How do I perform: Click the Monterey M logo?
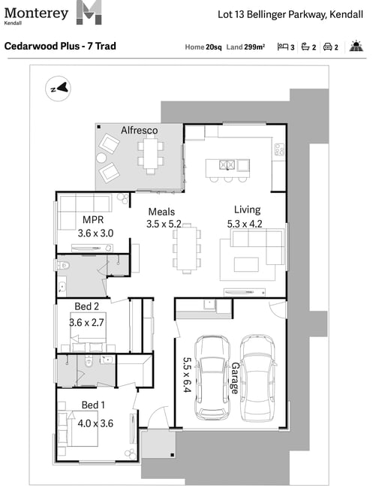click(x=89, y=13)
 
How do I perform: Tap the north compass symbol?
click(x=59, y=89)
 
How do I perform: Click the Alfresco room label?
click(x=139, y=130)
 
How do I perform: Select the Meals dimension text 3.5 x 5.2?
click(x=164, y=224)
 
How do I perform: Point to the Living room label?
click(x=248, y=209)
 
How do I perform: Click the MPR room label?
click(x=93, y=220)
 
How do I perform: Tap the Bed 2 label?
click(x=87, y=306)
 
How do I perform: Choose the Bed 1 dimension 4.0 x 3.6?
click(x=95, y=423)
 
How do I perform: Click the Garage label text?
click(x=236, y=378)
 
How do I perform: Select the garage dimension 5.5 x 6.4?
click(x=187, y=375)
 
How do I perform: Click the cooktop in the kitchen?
click(x=279, y=149)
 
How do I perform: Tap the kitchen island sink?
click(x=227, y=164)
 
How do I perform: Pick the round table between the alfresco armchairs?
click(x=101, y=158)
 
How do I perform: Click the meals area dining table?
click(x=187, y=249)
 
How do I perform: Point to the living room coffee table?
click(x=246, y=264)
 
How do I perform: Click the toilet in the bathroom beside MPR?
click(x=63, y=266)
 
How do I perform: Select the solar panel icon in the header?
click(x=356, y=46)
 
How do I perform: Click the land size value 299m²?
click(x=254, y=47)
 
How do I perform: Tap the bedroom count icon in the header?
click(x=282, y=47)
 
